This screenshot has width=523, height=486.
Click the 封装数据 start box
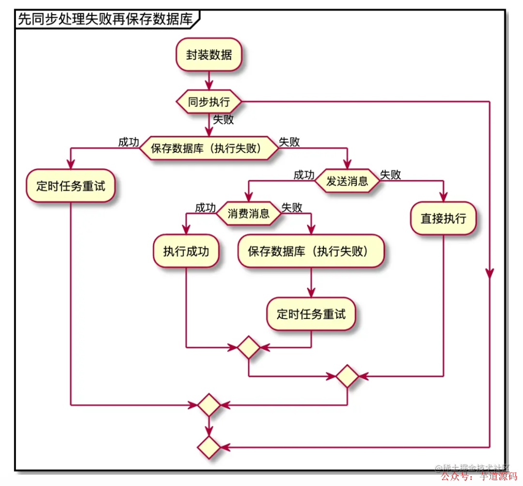click(209, 55)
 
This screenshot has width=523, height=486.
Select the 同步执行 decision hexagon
click(209, 102)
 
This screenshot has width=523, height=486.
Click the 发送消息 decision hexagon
click(347, 181)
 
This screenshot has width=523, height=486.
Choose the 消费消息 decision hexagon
click(248, 213)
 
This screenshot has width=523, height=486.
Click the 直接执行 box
click(443, 218)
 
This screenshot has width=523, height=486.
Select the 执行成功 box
click(186, 251)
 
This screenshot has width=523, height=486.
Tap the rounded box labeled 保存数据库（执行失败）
click(310, 251)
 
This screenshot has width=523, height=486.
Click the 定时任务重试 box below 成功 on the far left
click(71, 186)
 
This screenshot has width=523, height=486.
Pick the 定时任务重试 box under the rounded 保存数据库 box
click(310, 314)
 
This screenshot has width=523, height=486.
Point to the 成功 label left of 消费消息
click(205, 208)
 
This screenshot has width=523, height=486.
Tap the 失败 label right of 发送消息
click(390, 175)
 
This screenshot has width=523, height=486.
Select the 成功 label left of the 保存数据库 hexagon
click(128, 142)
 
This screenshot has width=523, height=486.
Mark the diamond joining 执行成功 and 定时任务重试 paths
click(248, 347)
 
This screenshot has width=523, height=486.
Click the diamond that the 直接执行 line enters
click(347, 376)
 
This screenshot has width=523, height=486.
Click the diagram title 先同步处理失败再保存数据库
click(105, 19)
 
